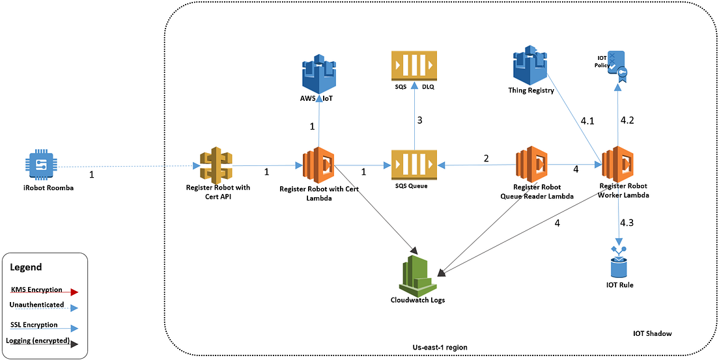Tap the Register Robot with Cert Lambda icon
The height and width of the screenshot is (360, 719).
(318, 165)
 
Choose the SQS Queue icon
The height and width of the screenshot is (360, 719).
(412, 165)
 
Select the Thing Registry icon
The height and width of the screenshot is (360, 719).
(531, 64)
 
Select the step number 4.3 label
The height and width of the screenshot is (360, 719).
(627, 223)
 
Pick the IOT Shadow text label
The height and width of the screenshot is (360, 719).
(652, 333)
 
